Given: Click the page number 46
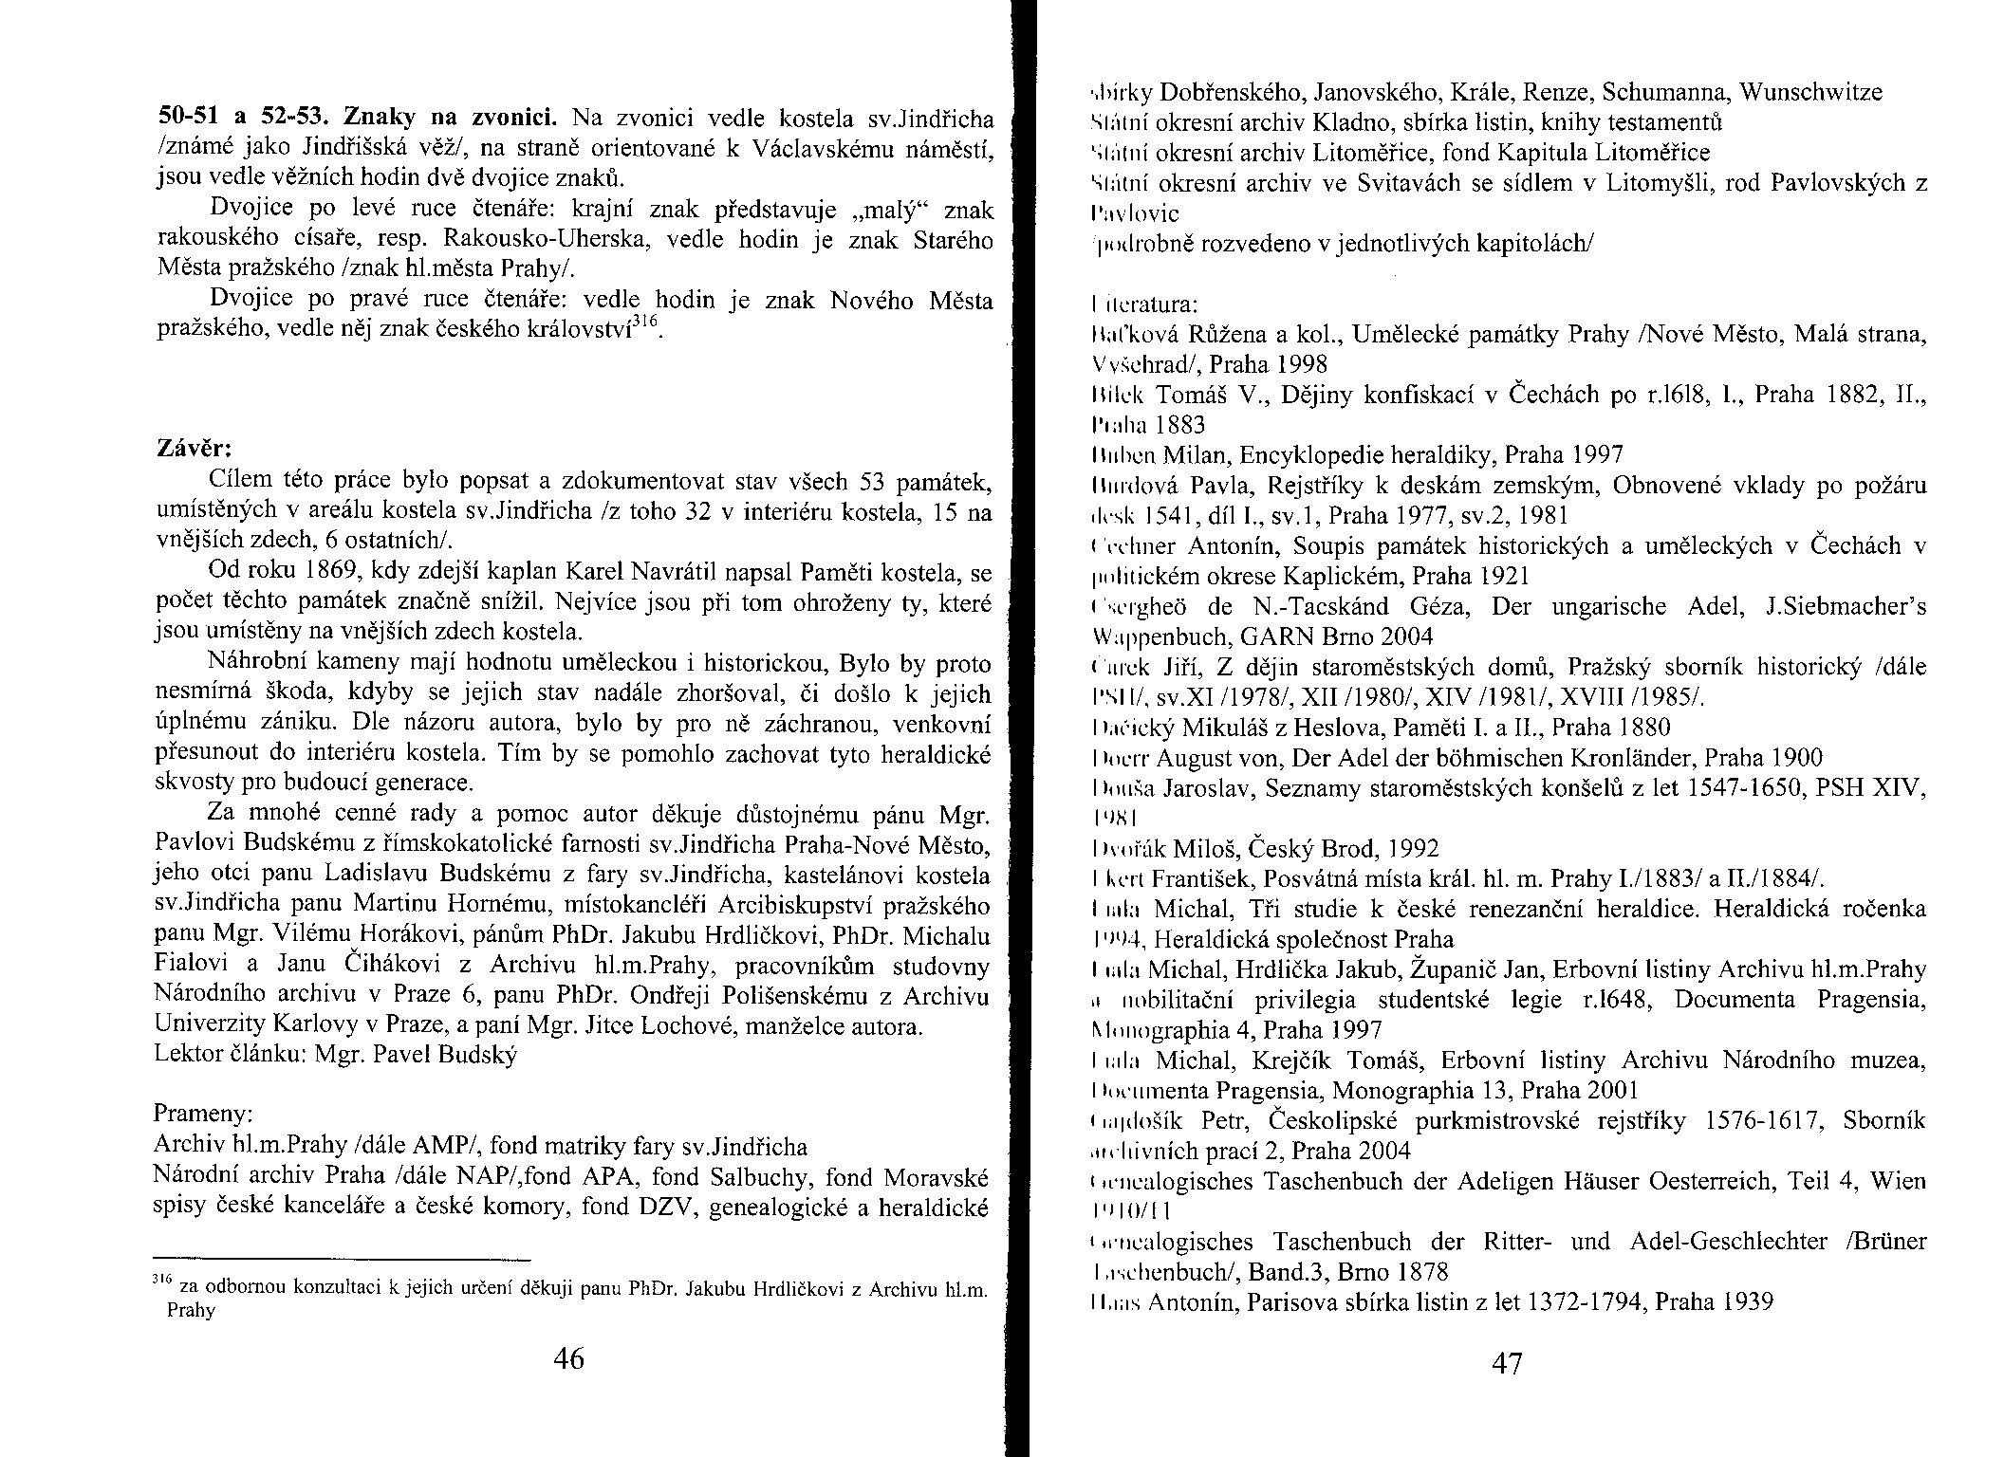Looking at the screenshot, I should point(568,1358).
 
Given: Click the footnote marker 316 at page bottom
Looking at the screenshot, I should point(159,1281).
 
